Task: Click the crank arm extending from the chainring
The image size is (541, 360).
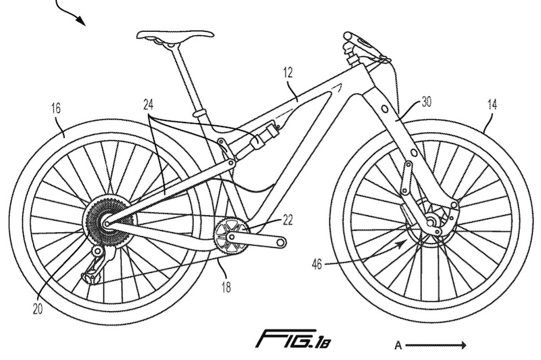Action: click(264, 240)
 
